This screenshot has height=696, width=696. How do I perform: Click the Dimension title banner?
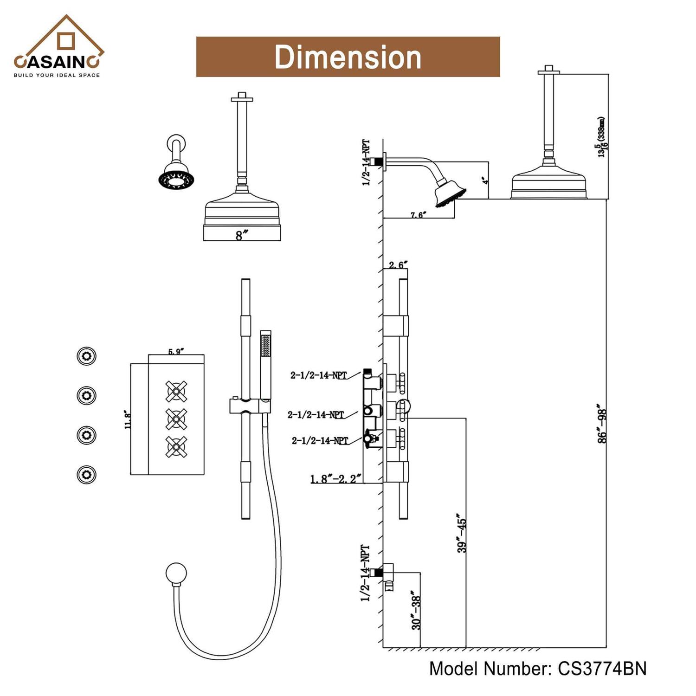point(348,57)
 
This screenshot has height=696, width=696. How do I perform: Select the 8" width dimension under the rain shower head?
point(239,235)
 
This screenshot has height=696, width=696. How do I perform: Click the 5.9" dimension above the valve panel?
point(175,351)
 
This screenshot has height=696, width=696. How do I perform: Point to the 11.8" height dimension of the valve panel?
point(129,419)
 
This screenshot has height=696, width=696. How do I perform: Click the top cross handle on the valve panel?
point(176,392)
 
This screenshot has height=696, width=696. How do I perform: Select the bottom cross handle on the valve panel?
point(176,447)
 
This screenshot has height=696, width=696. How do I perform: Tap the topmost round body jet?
point(86,356)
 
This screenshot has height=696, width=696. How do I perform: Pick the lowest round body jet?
point(86,475)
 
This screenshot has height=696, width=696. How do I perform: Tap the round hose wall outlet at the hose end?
point(176,574)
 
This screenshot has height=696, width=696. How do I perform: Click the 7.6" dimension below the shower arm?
point(418,214)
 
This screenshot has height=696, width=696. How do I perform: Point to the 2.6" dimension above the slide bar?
point(398,265)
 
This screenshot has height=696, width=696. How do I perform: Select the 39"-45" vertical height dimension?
point(462,533)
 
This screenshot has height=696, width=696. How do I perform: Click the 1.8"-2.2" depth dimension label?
point(335,478)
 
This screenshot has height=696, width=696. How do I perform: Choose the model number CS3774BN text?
point(537,669)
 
